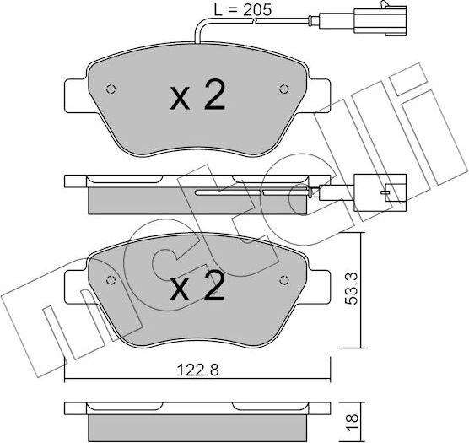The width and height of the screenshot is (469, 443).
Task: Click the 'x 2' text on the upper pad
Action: point(198,98)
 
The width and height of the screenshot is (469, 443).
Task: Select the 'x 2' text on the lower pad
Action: point(198,289)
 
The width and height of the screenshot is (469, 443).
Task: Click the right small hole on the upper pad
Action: point(283,87)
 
